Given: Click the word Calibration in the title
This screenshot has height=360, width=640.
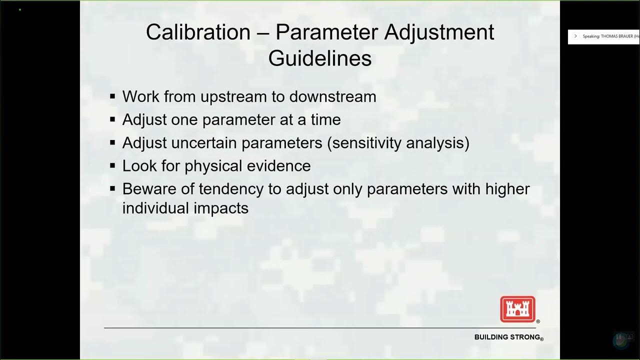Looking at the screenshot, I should point(198,32).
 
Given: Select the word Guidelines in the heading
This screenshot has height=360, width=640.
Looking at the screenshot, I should point(320,58).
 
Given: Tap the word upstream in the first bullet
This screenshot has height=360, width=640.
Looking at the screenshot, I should point(234,96).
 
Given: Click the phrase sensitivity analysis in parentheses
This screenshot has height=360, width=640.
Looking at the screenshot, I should point(398,143).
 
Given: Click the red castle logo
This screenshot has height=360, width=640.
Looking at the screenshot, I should point(517,309).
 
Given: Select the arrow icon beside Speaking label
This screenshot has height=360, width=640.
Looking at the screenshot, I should point(575,36).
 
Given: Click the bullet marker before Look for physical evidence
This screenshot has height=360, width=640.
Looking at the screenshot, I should point(112,165).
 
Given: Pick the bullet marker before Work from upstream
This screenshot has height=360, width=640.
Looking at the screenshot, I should point(112,96).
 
